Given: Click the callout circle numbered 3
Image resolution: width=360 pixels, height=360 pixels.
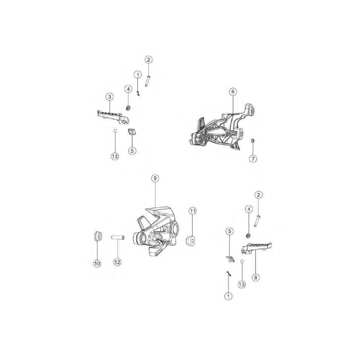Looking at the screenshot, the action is click(x=110, y=97).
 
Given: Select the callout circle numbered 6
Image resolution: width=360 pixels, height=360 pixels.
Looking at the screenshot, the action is click(x=233, y=92).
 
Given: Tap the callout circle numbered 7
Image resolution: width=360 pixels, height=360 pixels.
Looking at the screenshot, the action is click(x=253, y=159).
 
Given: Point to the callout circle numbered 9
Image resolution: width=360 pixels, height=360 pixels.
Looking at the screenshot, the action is click(x=155, y=178).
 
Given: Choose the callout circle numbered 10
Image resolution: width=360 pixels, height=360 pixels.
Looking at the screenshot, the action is click(x=97, y=264).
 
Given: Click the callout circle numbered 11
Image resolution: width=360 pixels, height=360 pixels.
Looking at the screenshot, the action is click(x=193, y=211).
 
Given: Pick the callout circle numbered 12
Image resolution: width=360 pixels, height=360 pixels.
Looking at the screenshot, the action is click(x=117, y=262).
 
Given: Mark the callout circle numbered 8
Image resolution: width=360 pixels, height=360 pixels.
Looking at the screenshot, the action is click(x=256, y=277).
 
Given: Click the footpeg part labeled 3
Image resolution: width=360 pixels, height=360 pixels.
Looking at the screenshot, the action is click(x=113, y=117).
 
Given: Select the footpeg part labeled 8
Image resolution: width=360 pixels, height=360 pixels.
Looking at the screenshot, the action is click(x=256, y=248).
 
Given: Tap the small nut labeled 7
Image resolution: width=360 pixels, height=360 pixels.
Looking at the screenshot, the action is click(x=253, y=141).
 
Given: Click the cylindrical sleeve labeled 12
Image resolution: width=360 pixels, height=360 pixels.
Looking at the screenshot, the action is click(x=118, y=237).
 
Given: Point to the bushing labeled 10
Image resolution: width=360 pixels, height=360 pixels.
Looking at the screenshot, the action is click(x=98, y=236).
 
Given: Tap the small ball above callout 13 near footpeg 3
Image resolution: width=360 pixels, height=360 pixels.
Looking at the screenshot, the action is click(x=115, y=131).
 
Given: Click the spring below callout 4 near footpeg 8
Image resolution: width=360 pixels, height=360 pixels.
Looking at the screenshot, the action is click(x=248, y=235).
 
